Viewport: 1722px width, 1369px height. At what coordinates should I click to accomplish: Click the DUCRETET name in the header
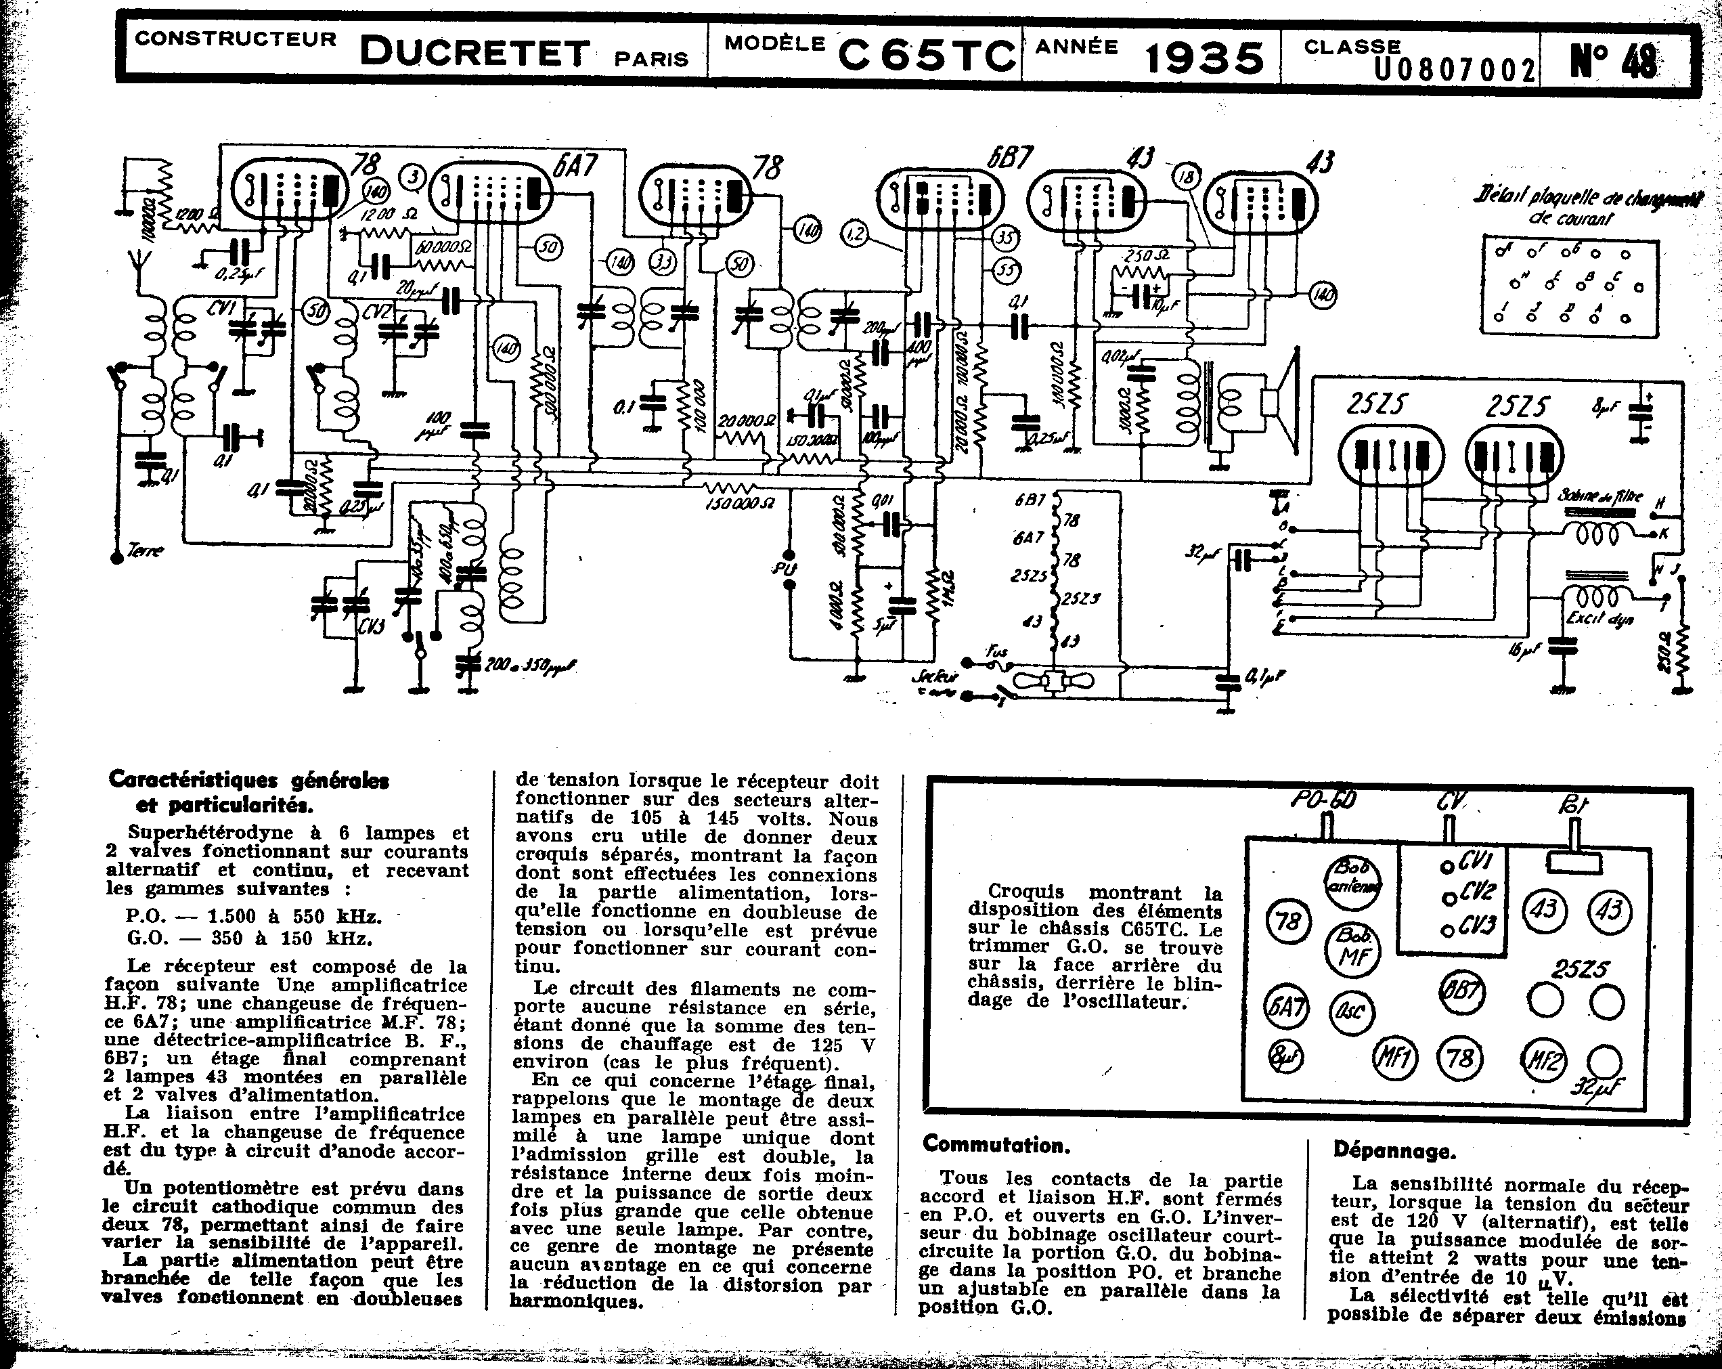(x=474, y=53)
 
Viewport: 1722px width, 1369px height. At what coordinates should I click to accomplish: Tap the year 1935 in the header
(x=1204, y=58)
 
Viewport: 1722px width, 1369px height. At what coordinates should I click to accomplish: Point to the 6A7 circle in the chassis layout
(x=1287, y=1005)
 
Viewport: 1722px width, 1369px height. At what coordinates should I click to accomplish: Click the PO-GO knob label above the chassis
(x=1323, y=800)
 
